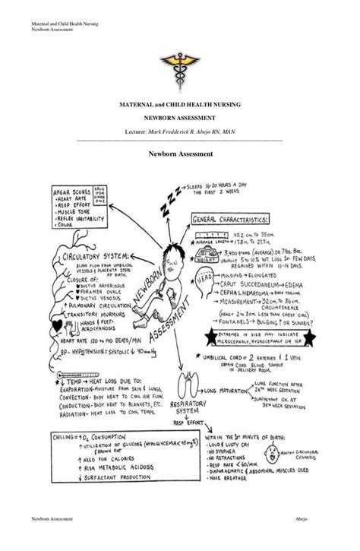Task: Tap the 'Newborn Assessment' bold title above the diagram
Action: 180,154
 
